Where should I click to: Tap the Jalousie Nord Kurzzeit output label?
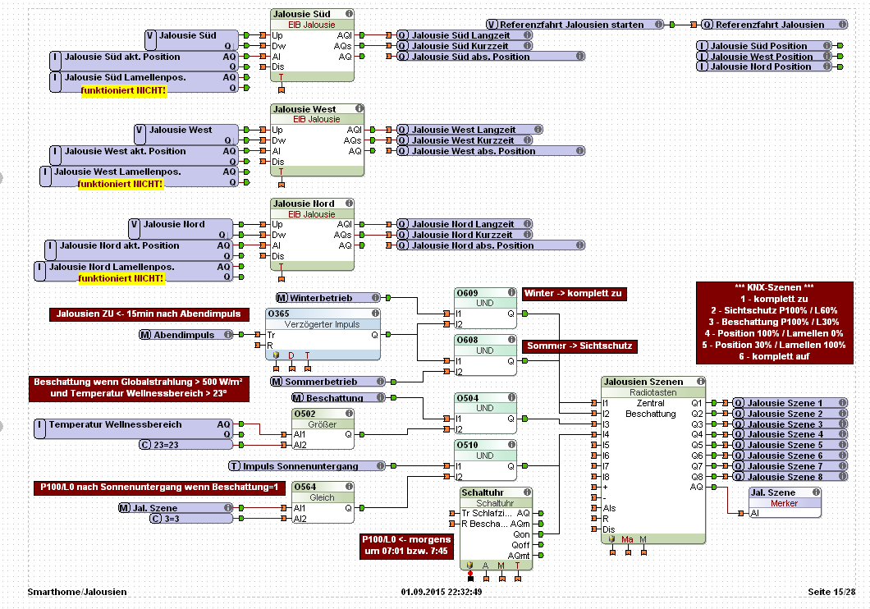pyautogui.click(x=463, y=235)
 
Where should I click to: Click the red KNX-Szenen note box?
pyautogui.click(x=774, y=323)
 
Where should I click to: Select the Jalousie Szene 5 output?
pyautogui.click(x=785, y=445)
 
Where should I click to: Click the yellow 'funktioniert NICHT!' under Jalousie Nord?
pyautogui.click(x=121, y=279)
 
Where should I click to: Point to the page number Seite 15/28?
pyautogui.click(x=831, y=591)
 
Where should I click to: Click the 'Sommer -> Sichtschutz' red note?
pyautogui.click(x=579, y=346)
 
